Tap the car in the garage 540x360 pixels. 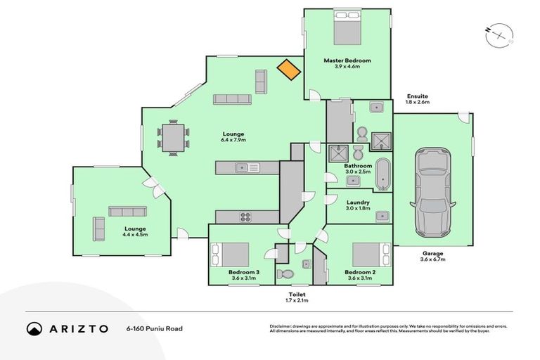tap(431, 192)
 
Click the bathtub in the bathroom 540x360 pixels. tap(382, 175)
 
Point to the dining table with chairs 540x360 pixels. tap(173, 136)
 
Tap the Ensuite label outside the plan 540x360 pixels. tap(417, 99)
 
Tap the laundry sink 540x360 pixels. tap(381, 215)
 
